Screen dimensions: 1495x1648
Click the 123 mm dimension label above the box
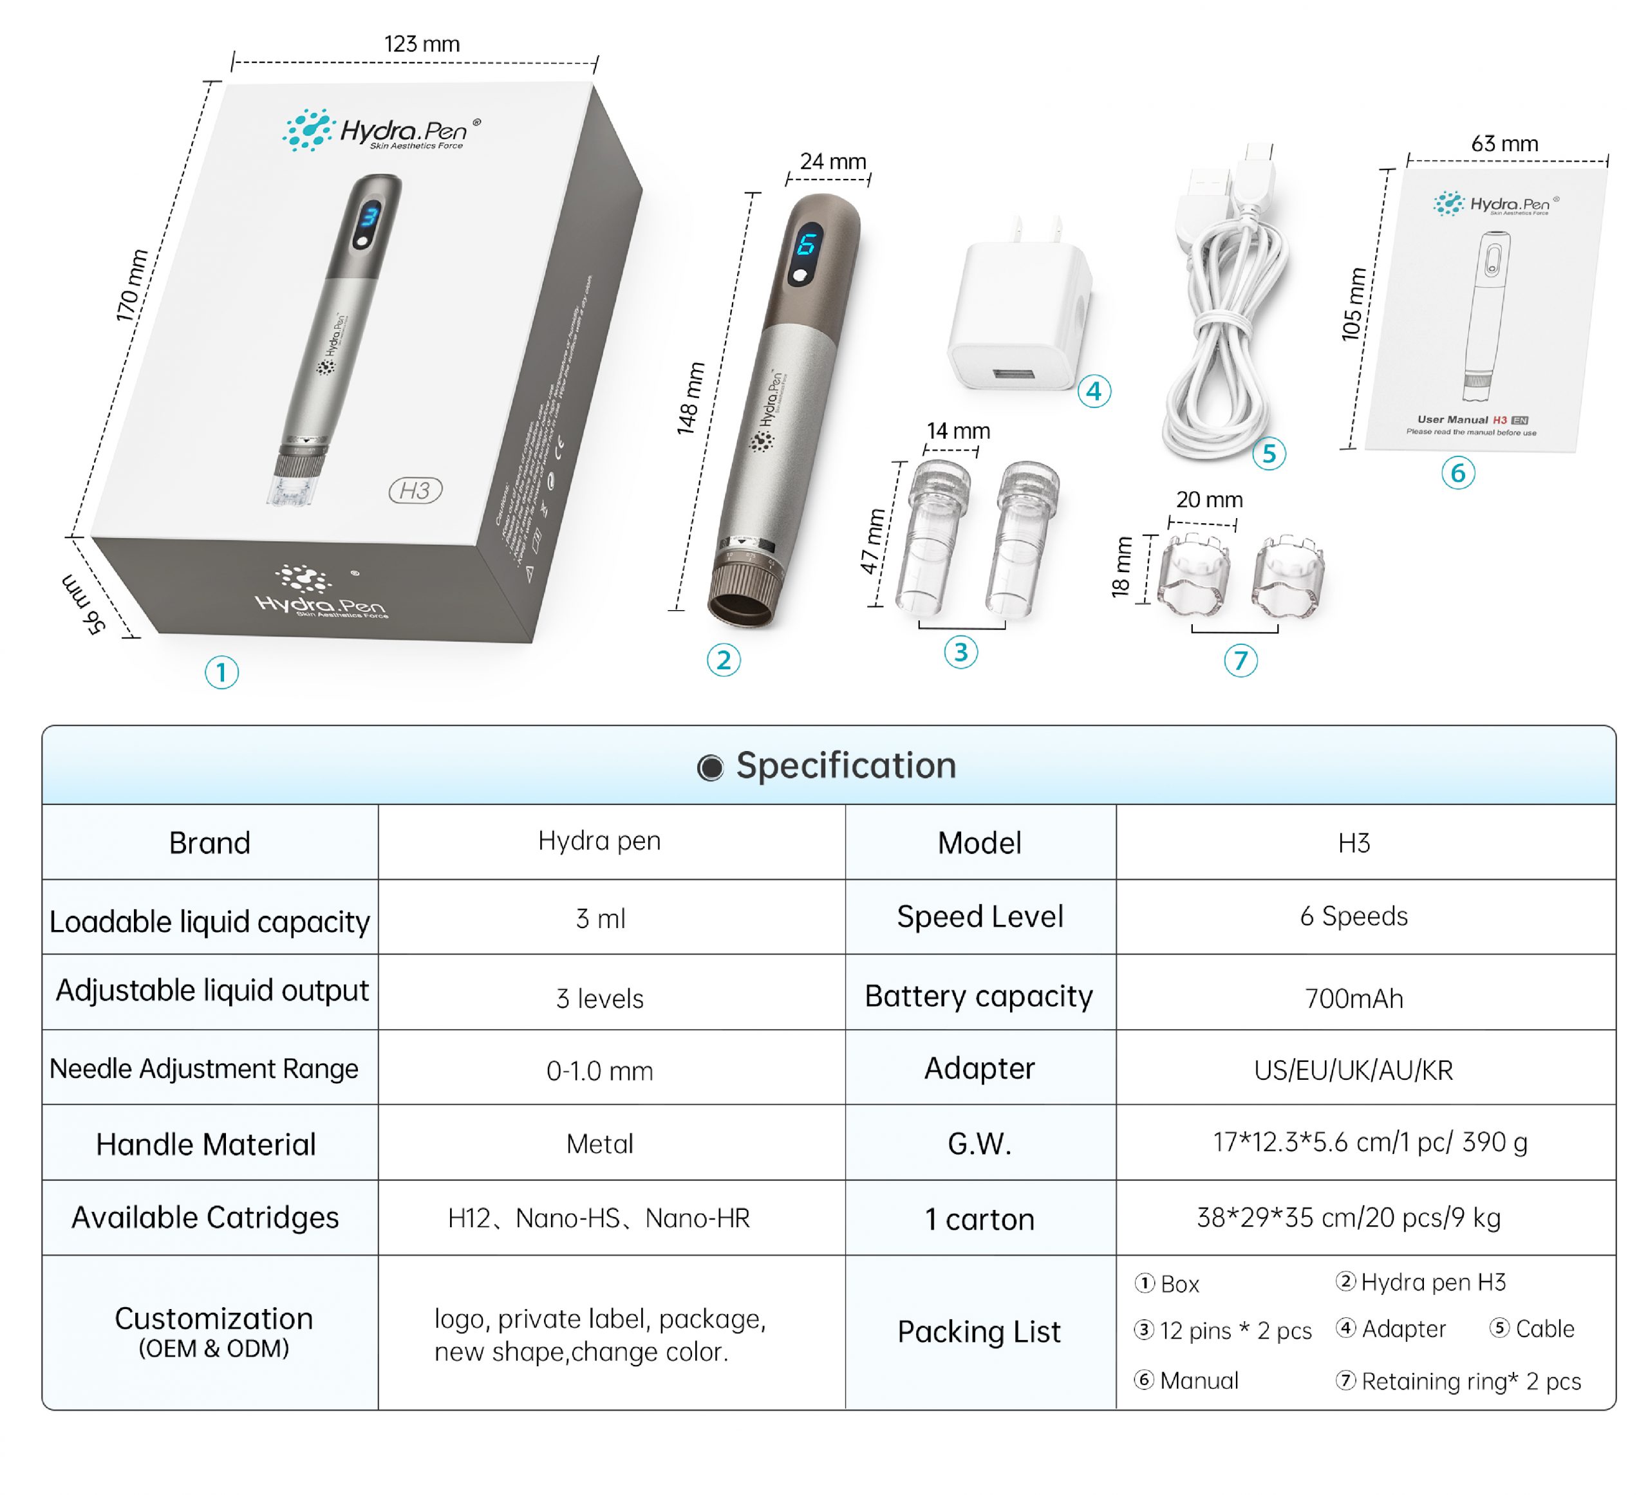click(422, 44)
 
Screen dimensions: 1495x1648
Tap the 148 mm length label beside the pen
click(691, 398)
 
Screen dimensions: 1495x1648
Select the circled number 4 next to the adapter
click(1094, 391)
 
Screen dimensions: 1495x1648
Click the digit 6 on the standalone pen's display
click(806, 245)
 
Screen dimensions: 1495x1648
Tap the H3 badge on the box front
click(415, 490)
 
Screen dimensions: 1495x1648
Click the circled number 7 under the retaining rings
click(1240, 660)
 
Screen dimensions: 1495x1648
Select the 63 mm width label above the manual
click(1504, 144)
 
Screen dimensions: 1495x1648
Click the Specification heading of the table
click(845, 766)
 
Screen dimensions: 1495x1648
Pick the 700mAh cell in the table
click(1353, 998)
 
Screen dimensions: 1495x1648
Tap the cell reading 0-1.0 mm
click(599, 1071)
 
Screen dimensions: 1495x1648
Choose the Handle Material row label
click(206, 1144)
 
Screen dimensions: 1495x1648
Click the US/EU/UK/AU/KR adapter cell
click(1353, 1070)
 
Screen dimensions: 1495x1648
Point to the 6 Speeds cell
click(1353, 916)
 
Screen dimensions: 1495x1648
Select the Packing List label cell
click(979, 1332)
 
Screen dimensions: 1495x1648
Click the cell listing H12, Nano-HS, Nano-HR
click(599, 1218)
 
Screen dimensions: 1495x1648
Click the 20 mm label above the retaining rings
click(1209, 499)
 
